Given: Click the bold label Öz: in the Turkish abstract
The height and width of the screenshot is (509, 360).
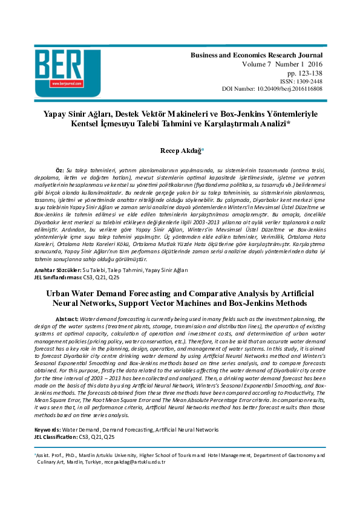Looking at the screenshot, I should (x=59, y=171).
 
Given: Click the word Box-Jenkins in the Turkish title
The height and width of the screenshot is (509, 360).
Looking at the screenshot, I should (x=241, y=113).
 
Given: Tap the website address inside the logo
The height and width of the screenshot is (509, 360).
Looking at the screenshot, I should (x=62, y=84).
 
